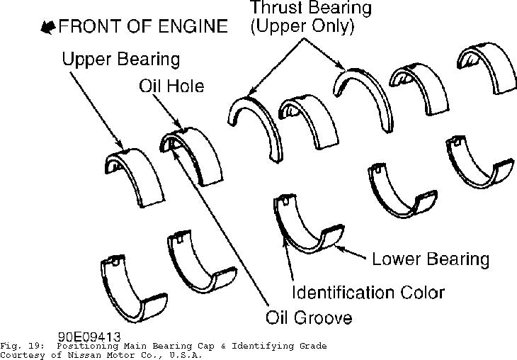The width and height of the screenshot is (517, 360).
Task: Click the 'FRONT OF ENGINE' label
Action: [x=144, y=28]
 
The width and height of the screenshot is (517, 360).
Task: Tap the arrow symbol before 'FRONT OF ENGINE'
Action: [x=49, y=28]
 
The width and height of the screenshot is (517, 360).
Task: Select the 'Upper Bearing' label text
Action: [x=120, y=58]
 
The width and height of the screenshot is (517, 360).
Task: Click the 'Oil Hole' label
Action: [x=171, y=86]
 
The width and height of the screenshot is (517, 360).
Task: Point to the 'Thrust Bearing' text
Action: [x=310, y=9]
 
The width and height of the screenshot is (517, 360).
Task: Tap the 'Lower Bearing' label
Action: [x=431, y=258]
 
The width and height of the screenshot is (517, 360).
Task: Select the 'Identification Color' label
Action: [x=369, y=291]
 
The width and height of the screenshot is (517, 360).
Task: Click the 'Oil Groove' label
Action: [x=309, y=317]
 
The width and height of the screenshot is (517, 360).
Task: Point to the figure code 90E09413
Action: [x=89, y=337]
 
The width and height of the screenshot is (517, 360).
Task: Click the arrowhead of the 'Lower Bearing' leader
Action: [x=337, y=248]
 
